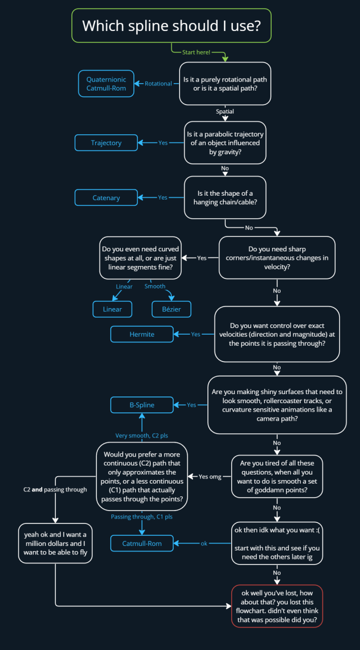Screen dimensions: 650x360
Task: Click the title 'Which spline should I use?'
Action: [172, 25]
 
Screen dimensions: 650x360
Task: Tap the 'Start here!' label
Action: [196, 52]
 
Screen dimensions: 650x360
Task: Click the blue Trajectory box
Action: [106, 143]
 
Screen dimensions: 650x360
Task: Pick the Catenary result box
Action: [106, 198]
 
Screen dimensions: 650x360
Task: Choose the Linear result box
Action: [112, 309]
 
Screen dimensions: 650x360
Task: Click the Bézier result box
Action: [172, 309]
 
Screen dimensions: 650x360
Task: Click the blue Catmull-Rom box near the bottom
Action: [142, 544]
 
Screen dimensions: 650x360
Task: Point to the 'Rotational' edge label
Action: [158, 84]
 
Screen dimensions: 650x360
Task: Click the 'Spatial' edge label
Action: [225, 112]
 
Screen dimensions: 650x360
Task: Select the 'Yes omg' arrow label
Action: [210, 477]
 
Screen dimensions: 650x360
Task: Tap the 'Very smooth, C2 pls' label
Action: [142, 435]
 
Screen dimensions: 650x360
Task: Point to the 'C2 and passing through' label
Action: [55, 490]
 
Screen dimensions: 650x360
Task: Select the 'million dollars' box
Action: [55, 543]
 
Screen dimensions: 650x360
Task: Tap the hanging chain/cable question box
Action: [225, 198]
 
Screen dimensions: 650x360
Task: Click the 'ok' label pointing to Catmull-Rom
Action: [204, 544]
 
